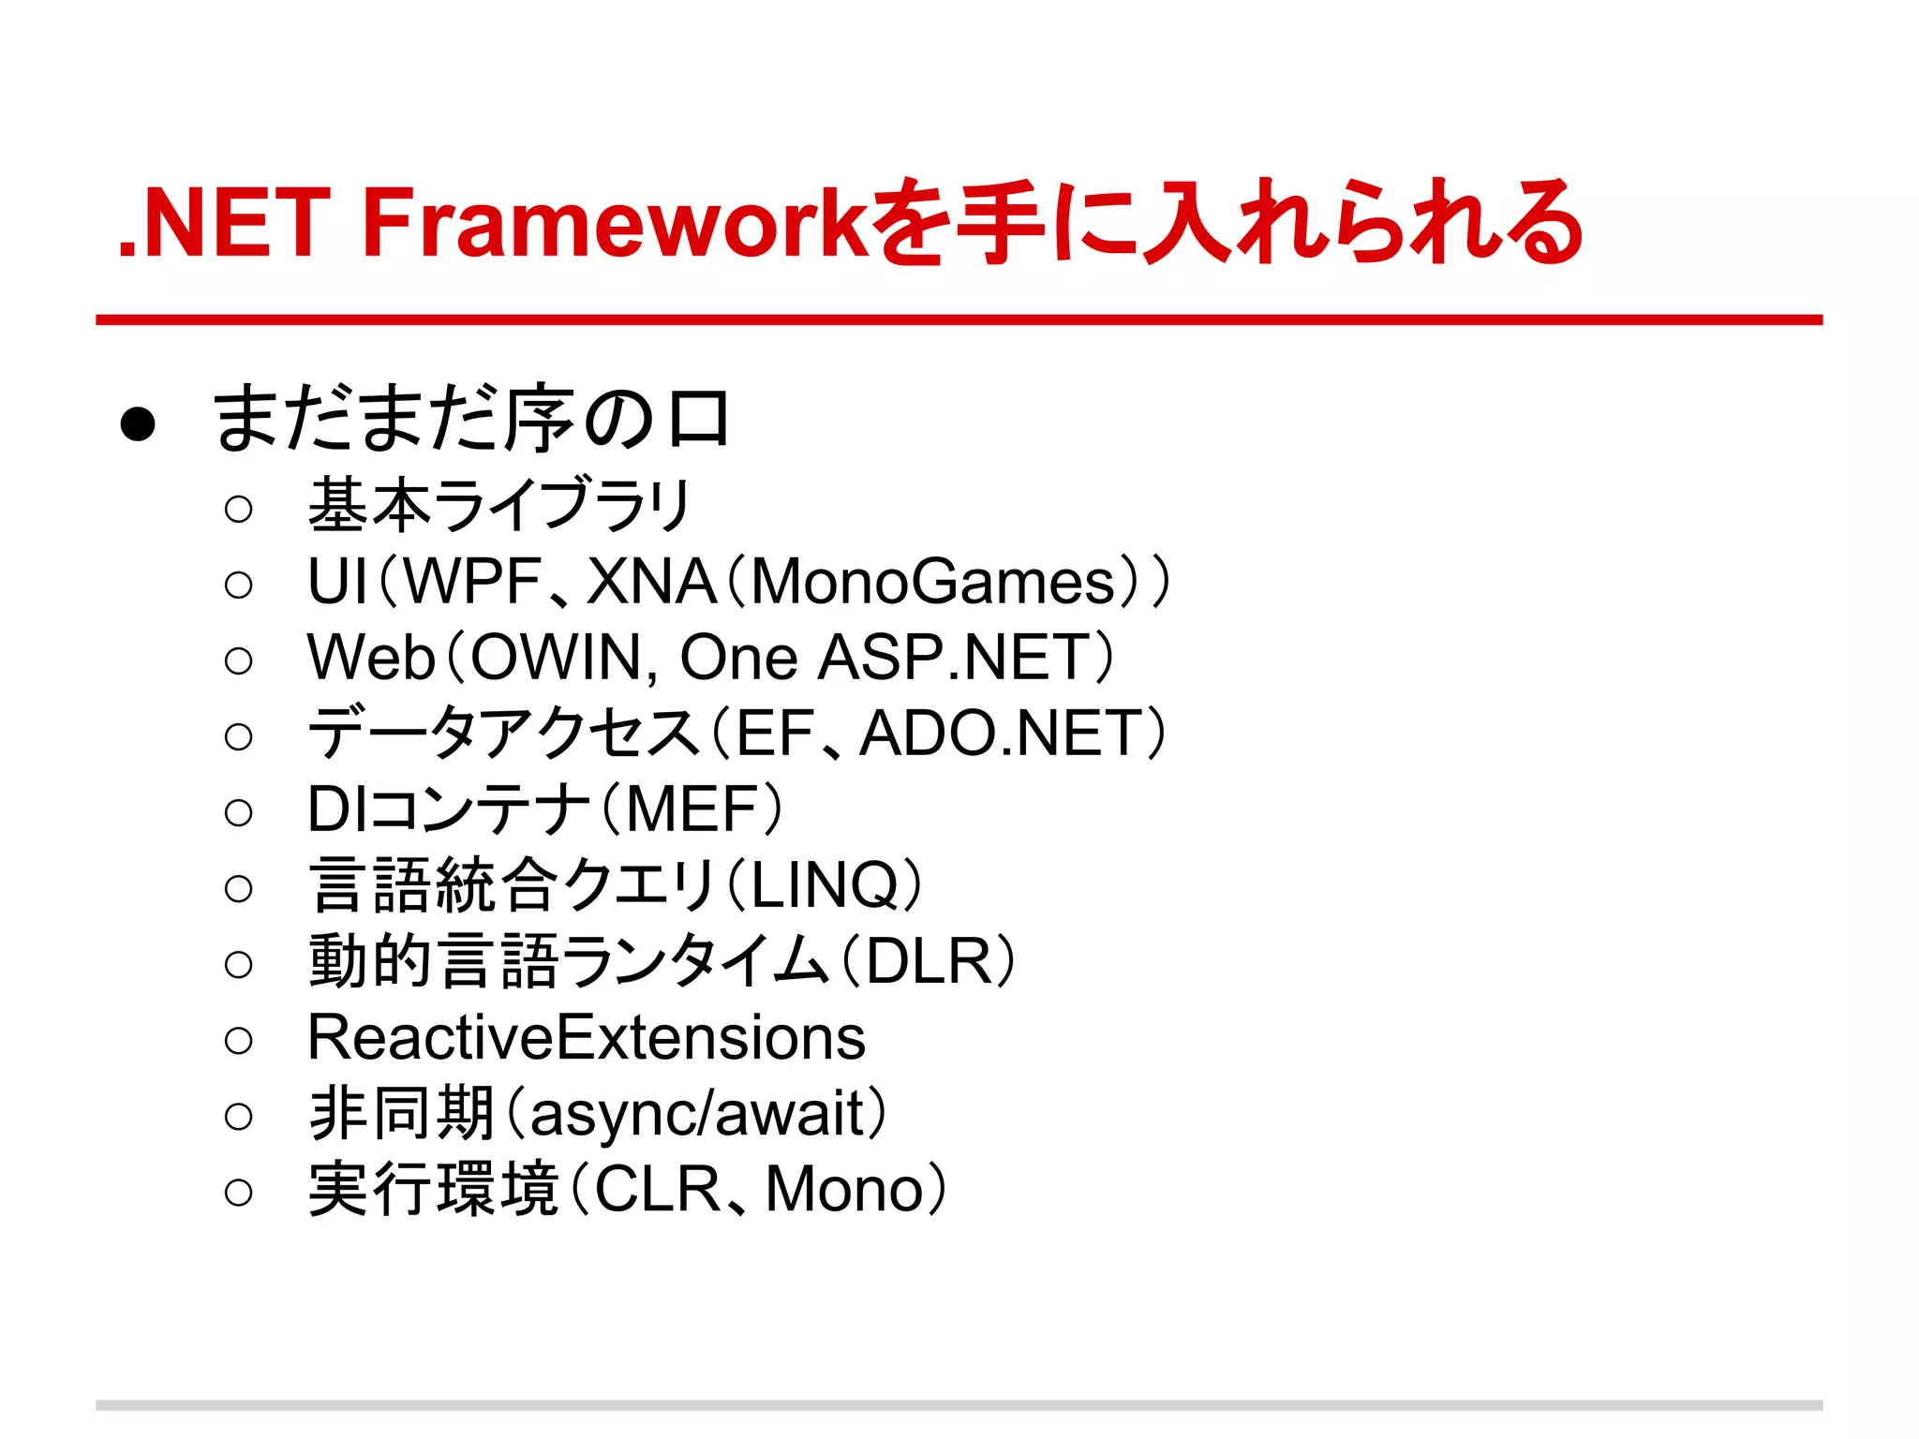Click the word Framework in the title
click(616, 223)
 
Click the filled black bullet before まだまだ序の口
click(138, 423)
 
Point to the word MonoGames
click(932, 582)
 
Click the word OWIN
click(555, 658)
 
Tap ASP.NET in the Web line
click(954, 658)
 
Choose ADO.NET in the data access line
click(1000, 734)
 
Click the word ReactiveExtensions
click(587, 1038)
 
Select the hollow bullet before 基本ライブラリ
click(239, 509)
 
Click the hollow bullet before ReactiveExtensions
click(239, 1040)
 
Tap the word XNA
click(651, 582)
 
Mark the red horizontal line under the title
click(959, 320)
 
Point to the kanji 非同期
click(401, 1115)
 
